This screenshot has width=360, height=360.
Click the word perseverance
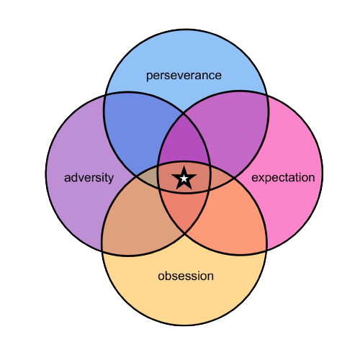click(184, 76)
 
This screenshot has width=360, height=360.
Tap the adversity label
click(89, 178)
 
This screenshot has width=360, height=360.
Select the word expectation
click(283, 178)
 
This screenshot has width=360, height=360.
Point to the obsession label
click(186, 276)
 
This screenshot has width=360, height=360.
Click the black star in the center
click(184, 179)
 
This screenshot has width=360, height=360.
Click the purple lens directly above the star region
click(184, 142)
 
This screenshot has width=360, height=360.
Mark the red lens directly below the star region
click(184, 211)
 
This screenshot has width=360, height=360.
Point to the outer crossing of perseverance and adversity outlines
click(104, 95)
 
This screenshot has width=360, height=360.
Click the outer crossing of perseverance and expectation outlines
click(266, 95)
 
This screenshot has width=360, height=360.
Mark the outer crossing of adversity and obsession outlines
click(102, 251)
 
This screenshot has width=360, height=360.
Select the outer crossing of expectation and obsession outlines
click(266, 251)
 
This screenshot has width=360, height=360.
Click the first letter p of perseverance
click(149, 77)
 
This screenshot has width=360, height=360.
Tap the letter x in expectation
click(261, 179)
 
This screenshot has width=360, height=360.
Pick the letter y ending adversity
click(111, 180)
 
